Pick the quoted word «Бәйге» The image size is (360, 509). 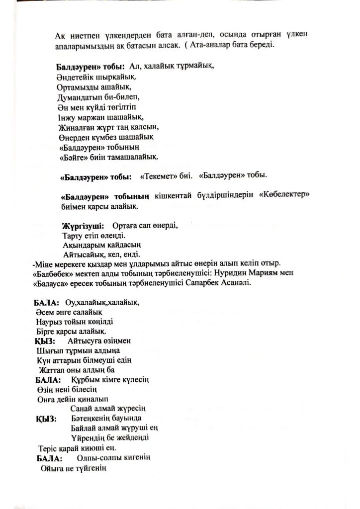click(74, 158)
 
